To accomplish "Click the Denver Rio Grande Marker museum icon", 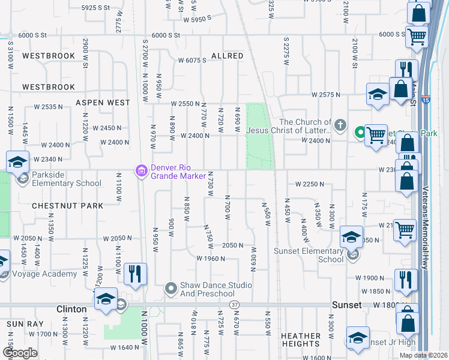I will (x=142, y=172).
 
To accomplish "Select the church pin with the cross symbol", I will (x=340, y=125).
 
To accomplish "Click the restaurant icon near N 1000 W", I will (x=135, y=275).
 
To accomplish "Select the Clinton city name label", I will (x=72, y=309).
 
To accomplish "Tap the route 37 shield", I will (x=234, y=305).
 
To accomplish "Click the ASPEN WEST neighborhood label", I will (x=103, y=103).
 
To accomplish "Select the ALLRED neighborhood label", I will (x=227, y=56).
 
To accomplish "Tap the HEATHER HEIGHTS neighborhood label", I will (x=300, y=340).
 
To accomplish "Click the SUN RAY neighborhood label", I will (x=22, y=324).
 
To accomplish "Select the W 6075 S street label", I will (x=191, y=60).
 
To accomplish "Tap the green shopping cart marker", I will (x=360, y=131).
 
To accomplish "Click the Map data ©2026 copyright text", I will (x=423, y=355).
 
